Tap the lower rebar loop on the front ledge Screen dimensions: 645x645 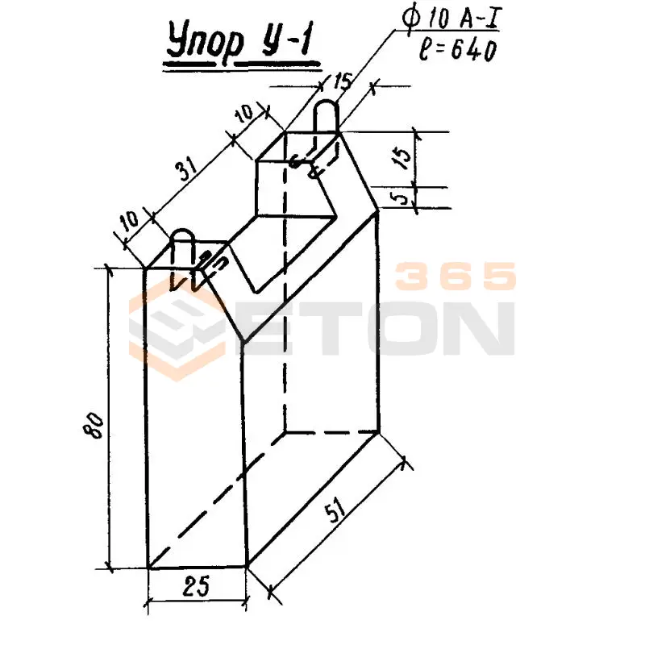(183, 246)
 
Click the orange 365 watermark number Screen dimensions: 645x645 (456, 277)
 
